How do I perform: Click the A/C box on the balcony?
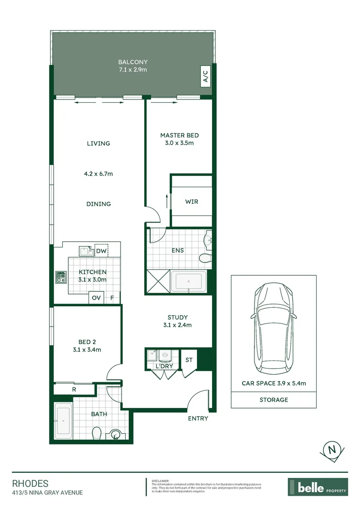click(205, 76)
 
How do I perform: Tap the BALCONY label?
click(133, 62)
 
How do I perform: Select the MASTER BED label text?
click(180, 135)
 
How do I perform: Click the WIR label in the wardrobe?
click(191, 202)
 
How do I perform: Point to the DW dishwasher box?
click(101, 251)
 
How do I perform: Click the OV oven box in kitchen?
click(96, 298)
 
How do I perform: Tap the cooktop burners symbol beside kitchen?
click(61, 277)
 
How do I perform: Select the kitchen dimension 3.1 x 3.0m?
click(92, 279)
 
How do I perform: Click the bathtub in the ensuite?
click(188, 282)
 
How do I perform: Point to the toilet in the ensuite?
click(205, 258)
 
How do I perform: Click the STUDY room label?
click(178, 317)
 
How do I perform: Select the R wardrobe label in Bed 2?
click(74, 390)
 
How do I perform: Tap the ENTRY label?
click(198, 418)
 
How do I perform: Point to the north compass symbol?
click(332, 450)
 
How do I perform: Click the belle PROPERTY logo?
click(318, 487)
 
